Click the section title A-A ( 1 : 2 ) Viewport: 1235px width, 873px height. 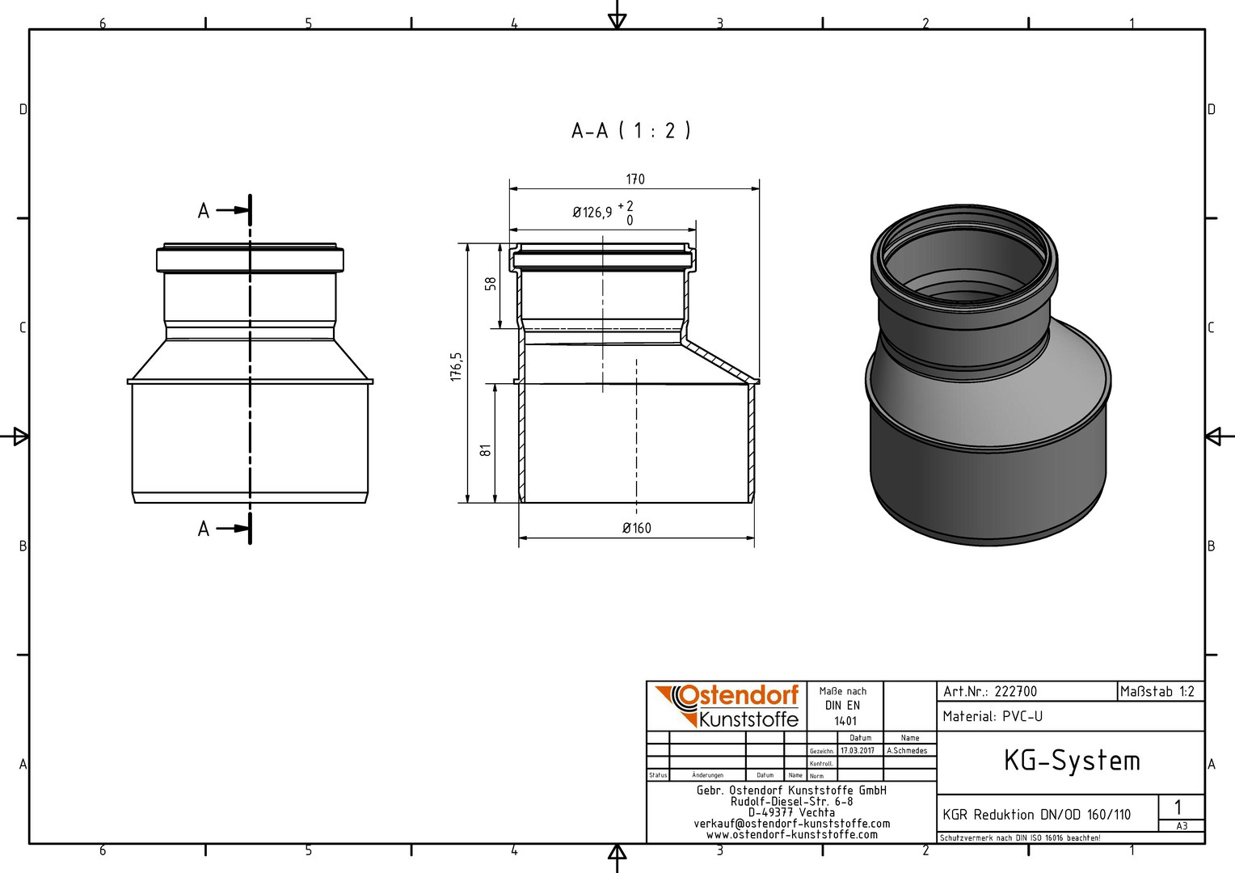click(x=630, y=131)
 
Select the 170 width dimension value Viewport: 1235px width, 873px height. click(x=635, y=179)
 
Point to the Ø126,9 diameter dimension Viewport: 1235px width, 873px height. click(x=603, y=213)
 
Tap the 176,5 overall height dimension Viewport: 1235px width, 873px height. click(x=456, y=367)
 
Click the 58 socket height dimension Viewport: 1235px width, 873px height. click(x=490, y=284)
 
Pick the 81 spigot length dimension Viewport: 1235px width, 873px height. click(x=485, y=450)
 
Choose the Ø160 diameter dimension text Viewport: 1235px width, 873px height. click(x=637, y=529)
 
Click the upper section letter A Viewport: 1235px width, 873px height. click(x=204, y=211)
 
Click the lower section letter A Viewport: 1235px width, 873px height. click(x=204, y=529)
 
